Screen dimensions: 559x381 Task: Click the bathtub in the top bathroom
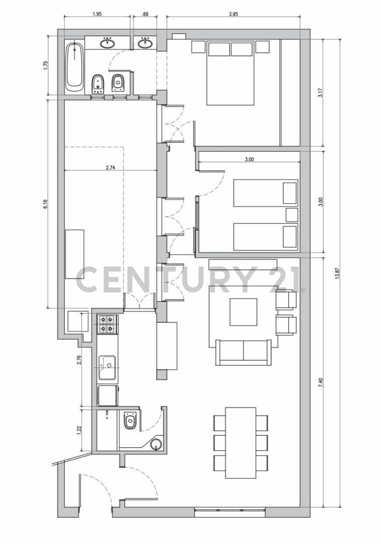[x=75, y=67]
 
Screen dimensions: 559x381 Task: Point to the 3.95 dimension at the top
[x=233, y=14]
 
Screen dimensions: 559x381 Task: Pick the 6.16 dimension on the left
[x=46, y=204]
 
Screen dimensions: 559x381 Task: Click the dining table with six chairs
[x=241, y=443]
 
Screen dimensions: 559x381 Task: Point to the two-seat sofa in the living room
[x=244, y=351]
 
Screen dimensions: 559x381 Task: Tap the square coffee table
[x=243, y=312]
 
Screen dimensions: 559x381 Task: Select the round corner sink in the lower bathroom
[x=156, y=444]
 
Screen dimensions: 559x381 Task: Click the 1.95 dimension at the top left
[x=97, y=14]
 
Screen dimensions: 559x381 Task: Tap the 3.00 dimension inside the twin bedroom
[x=249, y=159]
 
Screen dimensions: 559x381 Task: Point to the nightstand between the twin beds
[x=292, y=215]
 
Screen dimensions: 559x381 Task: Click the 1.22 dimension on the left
[x=79, y=430]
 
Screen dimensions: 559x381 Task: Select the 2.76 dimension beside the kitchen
[x=79, y=360]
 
